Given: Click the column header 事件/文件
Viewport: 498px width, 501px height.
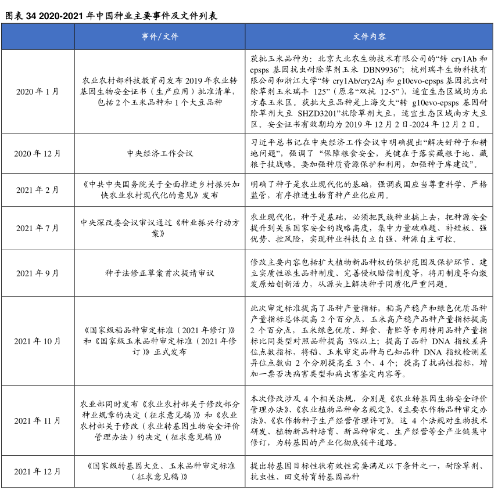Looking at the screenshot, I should coord(160,37).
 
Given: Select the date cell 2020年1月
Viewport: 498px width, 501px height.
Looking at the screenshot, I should coord(38,91).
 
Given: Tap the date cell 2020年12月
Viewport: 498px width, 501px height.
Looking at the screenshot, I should coord(38,154).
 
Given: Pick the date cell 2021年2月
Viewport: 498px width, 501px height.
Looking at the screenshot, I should coord(38,190).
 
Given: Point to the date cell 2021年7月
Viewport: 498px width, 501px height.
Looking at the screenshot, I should coord(38,228).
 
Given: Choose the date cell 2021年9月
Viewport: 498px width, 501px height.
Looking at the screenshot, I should coord(38,273).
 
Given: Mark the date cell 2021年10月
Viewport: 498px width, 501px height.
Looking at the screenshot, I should coord(38,341).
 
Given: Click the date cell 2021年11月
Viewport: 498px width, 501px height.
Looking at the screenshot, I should coord(38,420).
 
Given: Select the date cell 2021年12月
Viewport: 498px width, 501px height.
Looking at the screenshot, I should coord(38,471).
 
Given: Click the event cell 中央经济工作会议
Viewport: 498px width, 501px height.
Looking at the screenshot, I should coord(160,154).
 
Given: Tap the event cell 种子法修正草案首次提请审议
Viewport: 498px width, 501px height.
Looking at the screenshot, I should coord(160,273).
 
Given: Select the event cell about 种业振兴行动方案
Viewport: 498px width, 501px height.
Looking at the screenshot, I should coord(160,228).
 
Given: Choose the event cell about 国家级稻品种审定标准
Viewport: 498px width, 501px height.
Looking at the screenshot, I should coord(160,341).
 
